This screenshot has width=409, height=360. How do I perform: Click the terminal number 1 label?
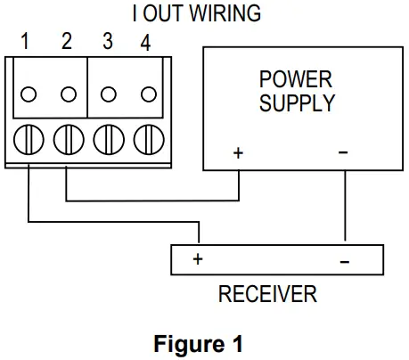27,41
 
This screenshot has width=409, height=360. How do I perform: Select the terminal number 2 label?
67,41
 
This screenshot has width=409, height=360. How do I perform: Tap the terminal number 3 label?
107,41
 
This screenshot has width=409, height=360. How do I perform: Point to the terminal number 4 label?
145,41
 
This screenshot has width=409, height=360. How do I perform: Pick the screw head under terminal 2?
68,140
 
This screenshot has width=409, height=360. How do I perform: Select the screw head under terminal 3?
107,140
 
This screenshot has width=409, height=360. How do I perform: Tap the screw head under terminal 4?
146,140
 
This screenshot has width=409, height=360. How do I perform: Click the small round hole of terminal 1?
29,94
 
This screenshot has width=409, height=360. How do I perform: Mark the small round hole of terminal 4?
148,94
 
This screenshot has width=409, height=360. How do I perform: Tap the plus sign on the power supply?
238,152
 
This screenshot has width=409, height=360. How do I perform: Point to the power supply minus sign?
344,152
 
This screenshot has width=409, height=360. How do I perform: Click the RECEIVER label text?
267,294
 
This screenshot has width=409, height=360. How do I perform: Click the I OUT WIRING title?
204,13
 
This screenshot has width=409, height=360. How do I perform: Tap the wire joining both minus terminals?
345,205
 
